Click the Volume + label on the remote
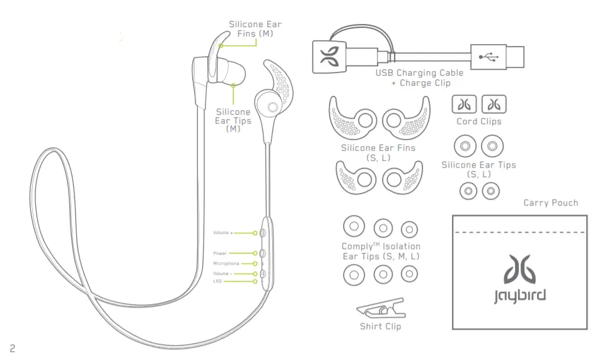tap(223, 233)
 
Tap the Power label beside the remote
tap(220, 253)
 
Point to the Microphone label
tap(226, 264)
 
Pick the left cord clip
tap(464, 105)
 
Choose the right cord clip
tap(494, 105)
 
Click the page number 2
tap(13, 348)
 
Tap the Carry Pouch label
tap(550, 203)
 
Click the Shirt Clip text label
tap(380, 327)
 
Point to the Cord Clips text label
tap(479, 122)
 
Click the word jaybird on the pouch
tap(519, 296)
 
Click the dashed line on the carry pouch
tap(519, 233)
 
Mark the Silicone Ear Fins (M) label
tap(255, 29)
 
